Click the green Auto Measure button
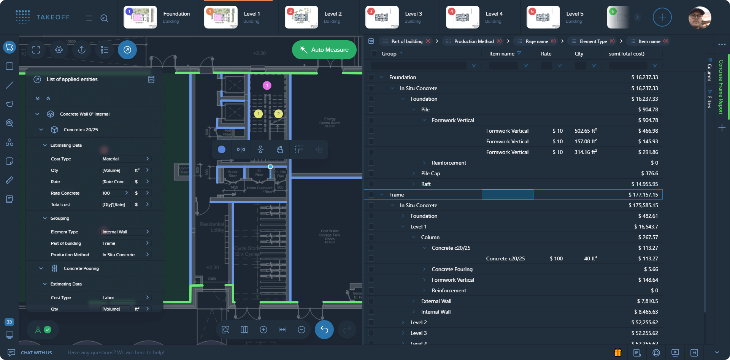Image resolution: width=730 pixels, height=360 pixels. (x=324, y=50)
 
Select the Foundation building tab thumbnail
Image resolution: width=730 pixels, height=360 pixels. (x=140, y=17)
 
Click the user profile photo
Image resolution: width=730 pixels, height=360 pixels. (x=700, y=17)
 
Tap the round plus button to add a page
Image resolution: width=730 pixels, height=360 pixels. (x=662, y=17)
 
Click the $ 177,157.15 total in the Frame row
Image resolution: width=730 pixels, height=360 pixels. (x=643, y=195)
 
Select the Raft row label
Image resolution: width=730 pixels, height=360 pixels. (x=426, y=184)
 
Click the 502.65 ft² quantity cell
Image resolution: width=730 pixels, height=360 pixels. (x=585, y=131)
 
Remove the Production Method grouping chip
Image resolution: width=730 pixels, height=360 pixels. (x=499, y=41)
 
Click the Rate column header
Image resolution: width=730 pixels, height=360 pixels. (x=546, y=54)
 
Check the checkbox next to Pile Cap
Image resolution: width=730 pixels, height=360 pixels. (x=371, y=173)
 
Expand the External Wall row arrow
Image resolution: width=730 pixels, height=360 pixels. (x=414, y=301)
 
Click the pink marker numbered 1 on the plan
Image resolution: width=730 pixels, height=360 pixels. (x=267, y=86)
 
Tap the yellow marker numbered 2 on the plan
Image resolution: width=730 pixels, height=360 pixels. (x=278, y=114)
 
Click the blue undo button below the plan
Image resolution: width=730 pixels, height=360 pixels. (x=324, y=330)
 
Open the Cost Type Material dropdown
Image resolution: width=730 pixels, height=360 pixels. (x=125, y=159)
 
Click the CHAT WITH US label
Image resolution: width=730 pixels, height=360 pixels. (x=36, y=353)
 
